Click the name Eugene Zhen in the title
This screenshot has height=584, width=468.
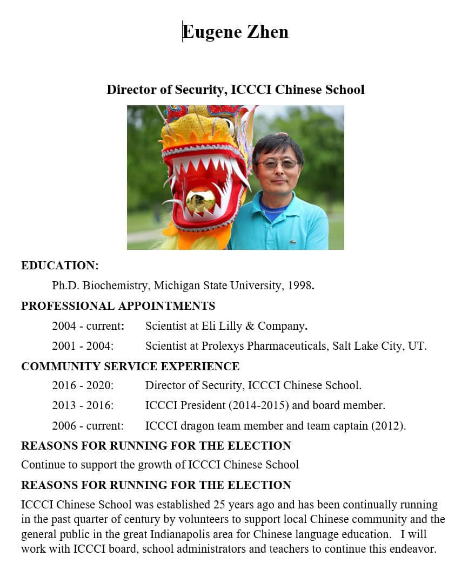[235, 32]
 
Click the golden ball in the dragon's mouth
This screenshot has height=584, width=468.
[200, 200]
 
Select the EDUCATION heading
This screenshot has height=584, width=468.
[60, 266]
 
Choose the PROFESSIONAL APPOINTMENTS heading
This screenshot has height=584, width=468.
[118, 306]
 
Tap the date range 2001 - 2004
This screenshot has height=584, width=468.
[83, 346]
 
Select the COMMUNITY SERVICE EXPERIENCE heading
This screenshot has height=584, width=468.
[130, 366]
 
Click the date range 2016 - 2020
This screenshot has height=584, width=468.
[83, 385]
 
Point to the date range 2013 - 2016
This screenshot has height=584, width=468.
[83, 405]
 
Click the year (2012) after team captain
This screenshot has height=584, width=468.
[388, 426]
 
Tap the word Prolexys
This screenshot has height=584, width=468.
[223, 346]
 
